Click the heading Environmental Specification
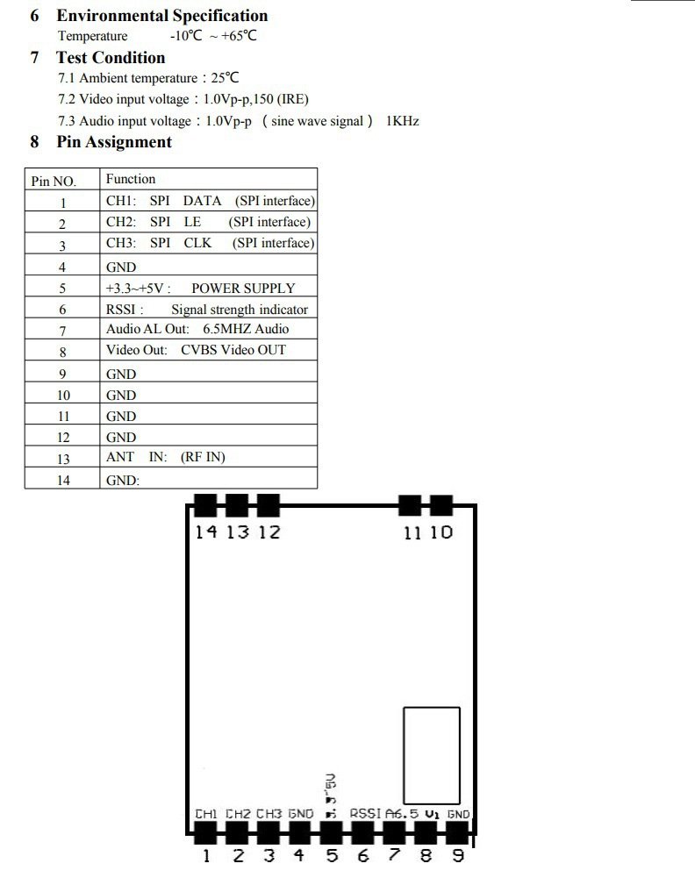pos(161,16)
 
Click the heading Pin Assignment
pos(114,142)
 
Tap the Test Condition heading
pos(111,58)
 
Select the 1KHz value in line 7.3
pos(403,121)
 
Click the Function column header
pos(131,179)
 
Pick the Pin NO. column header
pos(54,182)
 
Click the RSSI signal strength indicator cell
pos(207,310)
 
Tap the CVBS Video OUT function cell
pos(197,350)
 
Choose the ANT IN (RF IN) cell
pos(166,457)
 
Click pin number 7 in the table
pos(62,332)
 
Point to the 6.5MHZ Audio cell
pos(197,329)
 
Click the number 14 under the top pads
pos(206,532)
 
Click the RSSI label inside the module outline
pos(365,814)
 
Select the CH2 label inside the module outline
pos(238,814)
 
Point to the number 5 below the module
pos(332,855)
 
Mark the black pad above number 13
pos(237,504)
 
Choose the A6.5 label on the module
pos(402,814)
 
